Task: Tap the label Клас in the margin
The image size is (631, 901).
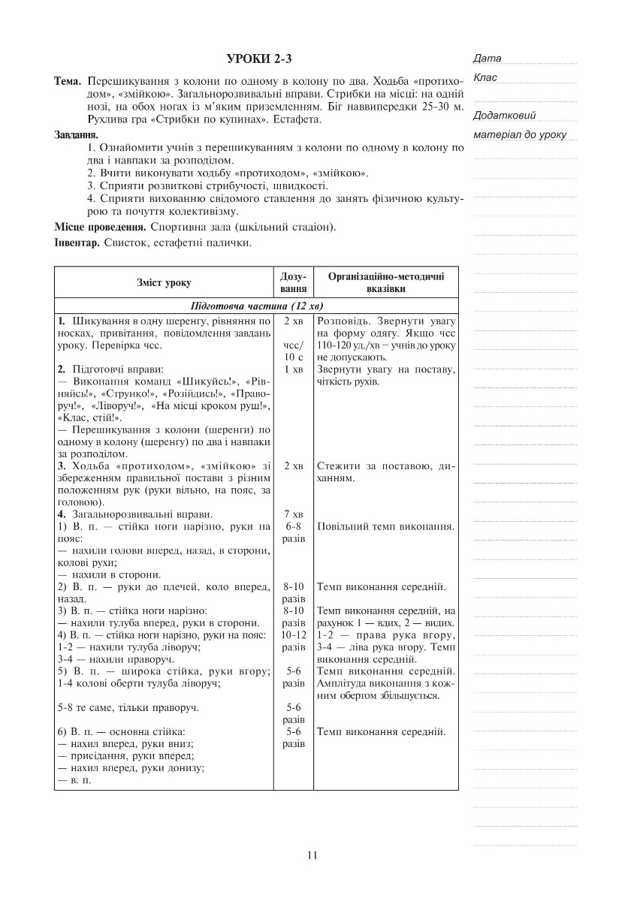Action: [485, 77]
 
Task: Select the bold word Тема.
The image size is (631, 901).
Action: [68, 80]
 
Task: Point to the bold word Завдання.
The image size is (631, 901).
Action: [76, 135]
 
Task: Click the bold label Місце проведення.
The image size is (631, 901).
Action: [99, 227]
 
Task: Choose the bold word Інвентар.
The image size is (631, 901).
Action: [77, 243]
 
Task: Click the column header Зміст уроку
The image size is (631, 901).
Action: [164, 283]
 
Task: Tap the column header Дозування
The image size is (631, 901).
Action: [292, 283]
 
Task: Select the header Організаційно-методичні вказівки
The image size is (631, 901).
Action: [386, 283]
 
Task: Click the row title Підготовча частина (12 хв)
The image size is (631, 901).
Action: [256, 306]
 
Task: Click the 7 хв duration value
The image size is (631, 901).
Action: [292, 514]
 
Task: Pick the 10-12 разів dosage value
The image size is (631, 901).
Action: [292, 640]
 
